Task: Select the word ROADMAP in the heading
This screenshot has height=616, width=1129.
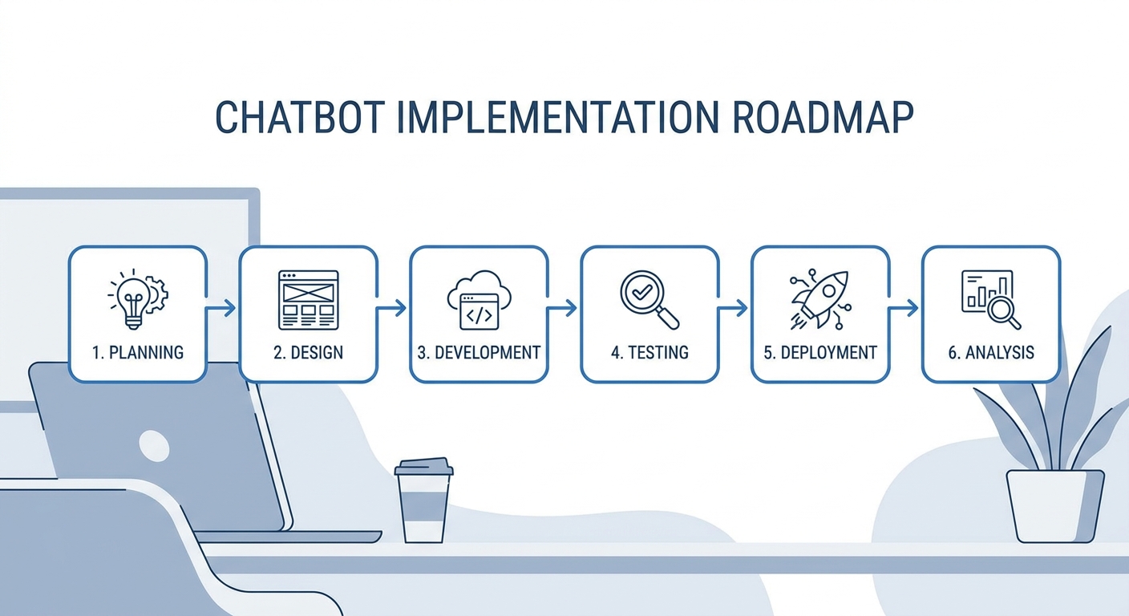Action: coord(823,117)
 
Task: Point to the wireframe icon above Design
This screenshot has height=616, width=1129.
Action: coord(309,300)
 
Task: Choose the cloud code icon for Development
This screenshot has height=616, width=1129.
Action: coord(479,300)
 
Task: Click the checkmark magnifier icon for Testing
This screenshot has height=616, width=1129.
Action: coord(649,300)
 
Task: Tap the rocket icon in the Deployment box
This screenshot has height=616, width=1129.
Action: coord(820,299)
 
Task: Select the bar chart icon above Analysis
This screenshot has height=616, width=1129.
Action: coord(991,300)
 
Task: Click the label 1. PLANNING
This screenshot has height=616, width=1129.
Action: coord(138,352)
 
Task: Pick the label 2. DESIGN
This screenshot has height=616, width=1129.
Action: coord(309,352)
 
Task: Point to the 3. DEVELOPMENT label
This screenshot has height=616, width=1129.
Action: coord(479,352)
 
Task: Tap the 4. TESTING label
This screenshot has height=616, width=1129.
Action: coord(649,352)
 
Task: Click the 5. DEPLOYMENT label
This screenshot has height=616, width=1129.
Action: coord(820,352)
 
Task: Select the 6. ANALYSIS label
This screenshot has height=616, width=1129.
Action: coord(991,352)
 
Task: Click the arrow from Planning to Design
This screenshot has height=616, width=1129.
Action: coord(221,307)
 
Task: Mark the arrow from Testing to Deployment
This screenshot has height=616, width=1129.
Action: coord(732,307)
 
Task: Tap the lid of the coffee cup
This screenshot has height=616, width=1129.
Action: coord(424,467)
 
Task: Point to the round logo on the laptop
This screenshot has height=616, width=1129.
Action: coord(154,446)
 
